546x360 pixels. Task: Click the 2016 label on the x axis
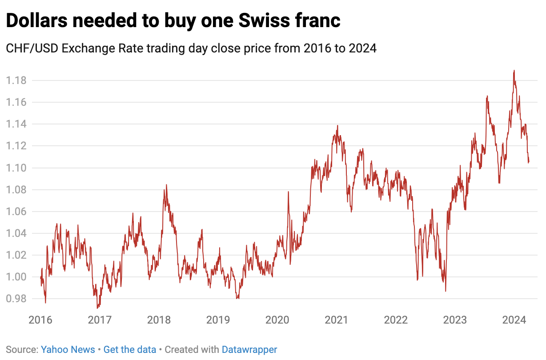[40, 320]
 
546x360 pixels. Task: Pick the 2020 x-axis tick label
[277, 320]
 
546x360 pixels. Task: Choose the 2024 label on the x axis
[514, 320]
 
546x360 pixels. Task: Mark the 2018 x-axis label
[159, 320]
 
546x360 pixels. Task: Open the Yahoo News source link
[68, 350]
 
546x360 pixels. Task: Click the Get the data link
[130, 350]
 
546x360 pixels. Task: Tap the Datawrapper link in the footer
[249, 350]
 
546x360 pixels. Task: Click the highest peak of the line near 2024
[514, 70]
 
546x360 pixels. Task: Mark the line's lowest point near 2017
[97, 308]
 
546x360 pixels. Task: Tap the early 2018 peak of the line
[166, 185]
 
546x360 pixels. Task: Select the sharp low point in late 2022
[446, 291]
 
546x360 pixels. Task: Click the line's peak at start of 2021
[337, 125]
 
